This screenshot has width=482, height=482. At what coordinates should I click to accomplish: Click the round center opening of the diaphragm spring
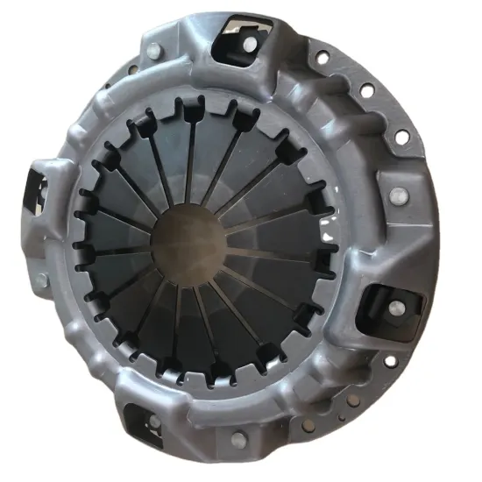(x=188, y=241)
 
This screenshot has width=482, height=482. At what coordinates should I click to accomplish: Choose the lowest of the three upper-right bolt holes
(x=401, y=138)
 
